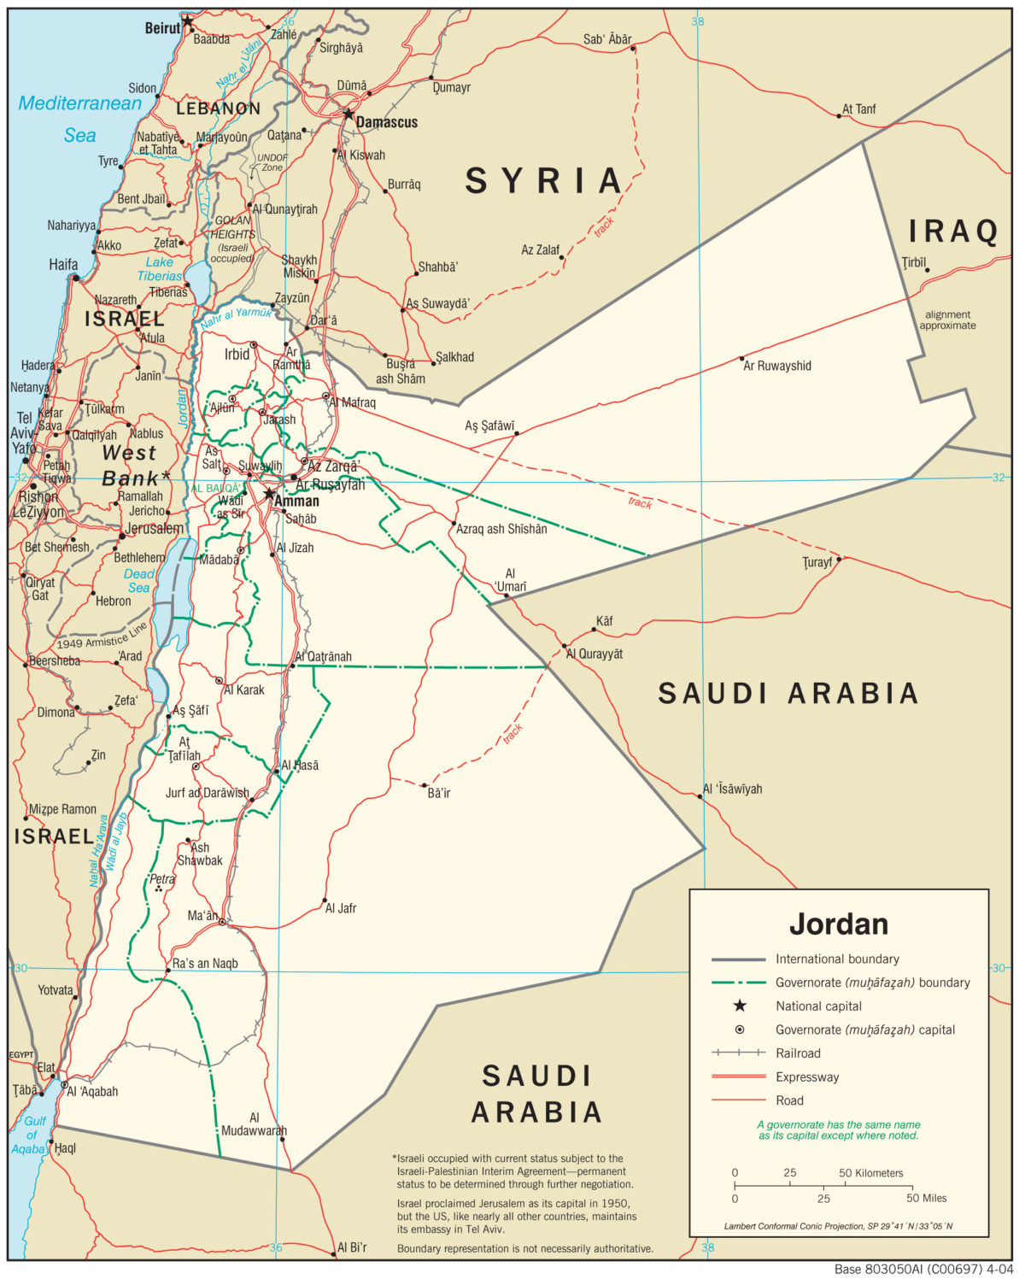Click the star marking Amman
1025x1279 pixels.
[x=269, y=494]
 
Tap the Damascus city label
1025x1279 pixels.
[x=386, y=122]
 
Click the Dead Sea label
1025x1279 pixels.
[x=138, y=581]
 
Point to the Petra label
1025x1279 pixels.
[x=161, y=878]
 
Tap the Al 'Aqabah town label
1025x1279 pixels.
[x=92, y=1091]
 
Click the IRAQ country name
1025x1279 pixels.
[x=952, y=231]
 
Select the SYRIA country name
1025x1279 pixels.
[x=544, y=181]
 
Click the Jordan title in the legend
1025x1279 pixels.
[x=838, y=924]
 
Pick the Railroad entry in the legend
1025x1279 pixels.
[x=798, y=1053]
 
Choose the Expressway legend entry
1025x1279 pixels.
[x=807, y=1077]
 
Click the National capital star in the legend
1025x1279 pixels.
[x=740, y=1006]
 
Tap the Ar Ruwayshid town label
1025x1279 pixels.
[x=776, y=366]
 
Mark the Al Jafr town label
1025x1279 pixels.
[x=340, y=908]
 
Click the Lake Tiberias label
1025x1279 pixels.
[x=160, y=269]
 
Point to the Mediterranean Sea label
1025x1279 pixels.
[x=80, y=118]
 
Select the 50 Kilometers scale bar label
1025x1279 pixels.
[x=870, y=1173]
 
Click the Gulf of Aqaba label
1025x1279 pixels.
[x=32, y=1135]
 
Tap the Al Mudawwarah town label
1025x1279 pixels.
[x=254, y=1124]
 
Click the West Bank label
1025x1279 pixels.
[x=131, y=466]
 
